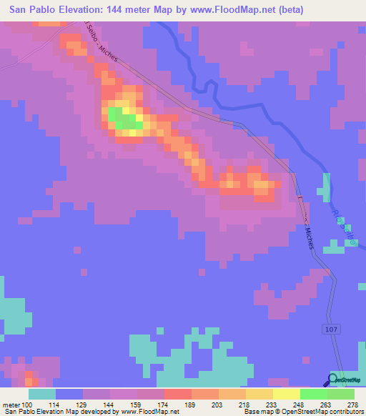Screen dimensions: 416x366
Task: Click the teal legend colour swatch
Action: (41, 394)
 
